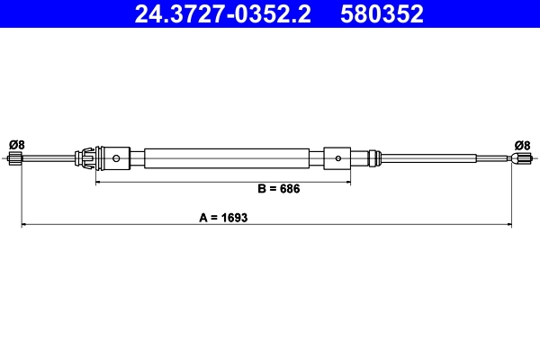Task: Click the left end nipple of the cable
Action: coord(15,159)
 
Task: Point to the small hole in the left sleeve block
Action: coord(117,159)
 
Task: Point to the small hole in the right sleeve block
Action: coord(337,159)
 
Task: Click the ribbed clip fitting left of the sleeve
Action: coord(88,159)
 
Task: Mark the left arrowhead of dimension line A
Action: coord(23,224)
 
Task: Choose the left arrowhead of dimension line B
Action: coord(99,183)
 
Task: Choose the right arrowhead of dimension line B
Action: coord(346,183)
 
